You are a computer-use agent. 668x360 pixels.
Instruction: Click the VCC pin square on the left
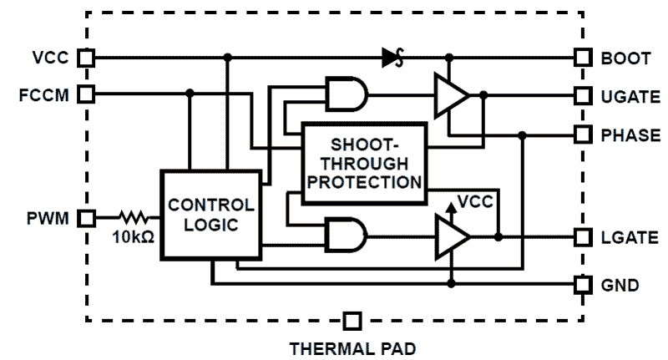coord(85,58)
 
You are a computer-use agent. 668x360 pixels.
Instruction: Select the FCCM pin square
coord(85,93)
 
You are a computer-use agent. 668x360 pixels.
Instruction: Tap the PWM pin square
coord(85,219)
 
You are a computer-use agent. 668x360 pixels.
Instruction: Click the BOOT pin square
coord(582,58)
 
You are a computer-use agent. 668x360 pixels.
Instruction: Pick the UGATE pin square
coord(582,96)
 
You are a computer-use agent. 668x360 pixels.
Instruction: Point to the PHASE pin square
coord(582,134)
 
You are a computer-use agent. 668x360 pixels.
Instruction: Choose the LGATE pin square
coord(582,237)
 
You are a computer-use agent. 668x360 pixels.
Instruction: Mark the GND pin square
coord(582,285)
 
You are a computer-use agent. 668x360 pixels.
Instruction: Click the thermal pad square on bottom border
coord(352,320)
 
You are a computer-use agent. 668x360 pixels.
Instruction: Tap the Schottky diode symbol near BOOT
coord(393,58)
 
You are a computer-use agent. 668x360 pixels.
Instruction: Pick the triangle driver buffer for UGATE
coord(449,95)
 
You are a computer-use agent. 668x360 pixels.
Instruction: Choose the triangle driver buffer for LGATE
coord(449,236)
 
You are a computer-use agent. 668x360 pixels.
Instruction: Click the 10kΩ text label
coord(132,238)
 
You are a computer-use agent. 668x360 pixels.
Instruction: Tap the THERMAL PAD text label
coord(352,347)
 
